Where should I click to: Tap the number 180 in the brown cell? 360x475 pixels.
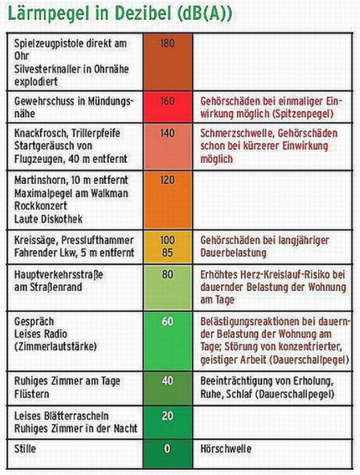tap(167, 43)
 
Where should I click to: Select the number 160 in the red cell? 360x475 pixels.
tap(167, 100)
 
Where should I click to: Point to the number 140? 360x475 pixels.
tap(167, 133)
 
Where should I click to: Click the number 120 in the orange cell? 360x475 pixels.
tap(167, 180)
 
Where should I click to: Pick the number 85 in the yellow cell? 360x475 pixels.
tap(167, 252)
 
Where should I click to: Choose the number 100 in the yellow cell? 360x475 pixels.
tap(167, 240)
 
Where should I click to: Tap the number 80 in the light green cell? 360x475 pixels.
tap(167, 274)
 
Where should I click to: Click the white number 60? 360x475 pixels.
tap(167, 321)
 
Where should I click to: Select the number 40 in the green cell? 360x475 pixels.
tap(167, 381)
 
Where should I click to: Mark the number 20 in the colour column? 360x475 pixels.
tap(167, 416)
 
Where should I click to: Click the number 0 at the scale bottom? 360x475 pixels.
tap(167, 448)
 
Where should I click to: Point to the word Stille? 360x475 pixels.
tap(25, 448)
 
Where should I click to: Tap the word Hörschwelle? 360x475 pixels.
tap(226, 448)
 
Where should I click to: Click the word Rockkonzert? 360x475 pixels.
tap(41, 206)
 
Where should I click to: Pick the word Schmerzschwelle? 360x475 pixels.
tap(237, 133)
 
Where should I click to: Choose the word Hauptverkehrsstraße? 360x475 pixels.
tap(58, 275)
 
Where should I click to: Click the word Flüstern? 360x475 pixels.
tap(31, 394)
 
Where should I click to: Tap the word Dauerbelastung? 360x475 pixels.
tap(233, 253)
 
